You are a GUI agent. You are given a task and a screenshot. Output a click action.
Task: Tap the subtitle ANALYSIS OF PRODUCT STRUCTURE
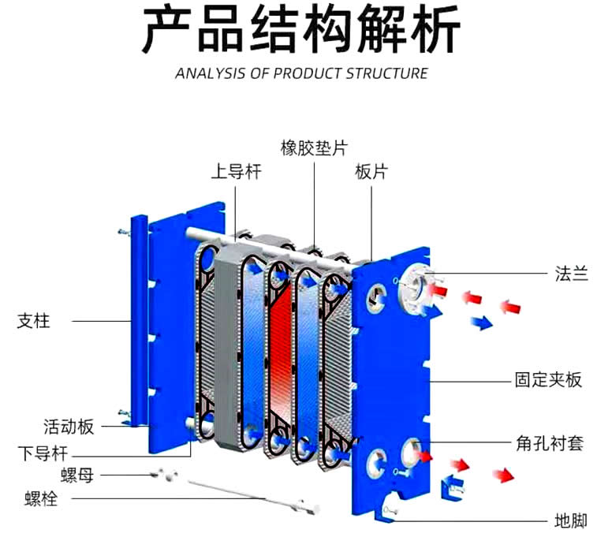[x=301, y=73]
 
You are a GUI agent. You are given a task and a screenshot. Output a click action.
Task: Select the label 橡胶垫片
[x=313, y=147]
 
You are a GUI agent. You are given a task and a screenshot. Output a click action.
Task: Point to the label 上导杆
[x=235, y=171]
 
